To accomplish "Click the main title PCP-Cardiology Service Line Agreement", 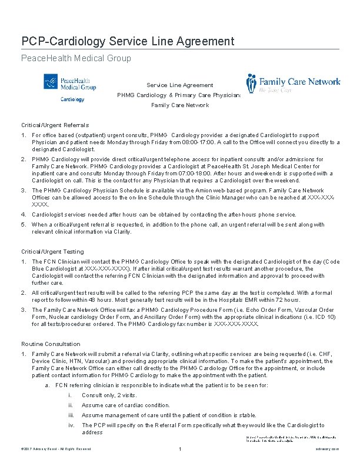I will (x=128, y=41).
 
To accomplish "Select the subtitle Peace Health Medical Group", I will (x=76, y=58).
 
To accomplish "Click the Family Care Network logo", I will (x=293, y=84).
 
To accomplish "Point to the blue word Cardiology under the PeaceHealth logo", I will (x=72, y=99).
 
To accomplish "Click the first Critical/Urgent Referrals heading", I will (x=55, y=125).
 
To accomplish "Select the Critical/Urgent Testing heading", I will (x=52, y=252).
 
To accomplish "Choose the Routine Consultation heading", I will (x=51, y=344).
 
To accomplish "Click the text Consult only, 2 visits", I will (x=109, y=395).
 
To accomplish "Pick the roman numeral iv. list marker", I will (x=71, y=425).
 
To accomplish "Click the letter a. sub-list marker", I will (x=47, y=385).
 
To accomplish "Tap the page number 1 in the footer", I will (x=179, y=450).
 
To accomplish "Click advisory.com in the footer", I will (x=326, y=450).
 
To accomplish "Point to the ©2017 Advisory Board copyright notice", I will (x=56, y=450).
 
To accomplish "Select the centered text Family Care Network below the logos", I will (x=180, y=105).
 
